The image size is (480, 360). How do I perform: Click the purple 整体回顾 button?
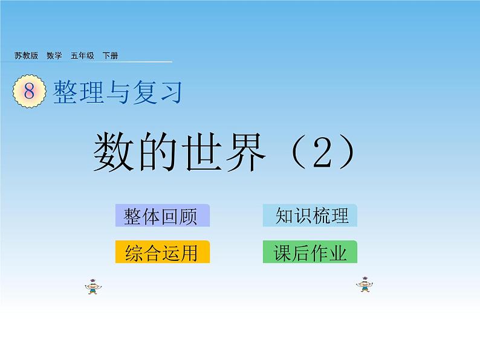pos(163,216)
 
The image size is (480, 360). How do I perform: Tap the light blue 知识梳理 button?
pos(310,215)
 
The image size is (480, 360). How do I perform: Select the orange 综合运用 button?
pos(163,252)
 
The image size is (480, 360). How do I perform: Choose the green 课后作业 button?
pos(310,252)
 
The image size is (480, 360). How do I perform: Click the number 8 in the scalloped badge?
pos(30,91)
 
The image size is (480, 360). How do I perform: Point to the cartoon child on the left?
pos(93,286)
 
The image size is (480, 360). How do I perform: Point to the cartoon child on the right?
pos(365,284)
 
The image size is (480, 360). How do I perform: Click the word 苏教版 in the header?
pos(26,56)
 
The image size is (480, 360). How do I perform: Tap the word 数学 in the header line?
pos(54,56)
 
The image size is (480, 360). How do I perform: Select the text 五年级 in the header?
pos(82,56)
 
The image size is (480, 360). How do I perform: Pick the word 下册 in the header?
pos(110,56)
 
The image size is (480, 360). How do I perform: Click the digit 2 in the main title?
pos(322,152)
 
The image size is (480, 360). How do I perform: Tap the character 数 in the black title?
pos(114,152)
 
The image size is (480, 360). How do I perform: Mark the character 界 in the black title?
pos(245,152)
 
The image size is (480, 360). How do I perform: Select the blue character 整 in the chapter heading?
pos(65,91)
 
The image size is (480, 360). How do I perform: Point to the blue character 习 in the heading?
pos(171,92)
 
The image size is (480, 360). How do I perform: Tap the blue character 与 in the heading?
pos(117,92)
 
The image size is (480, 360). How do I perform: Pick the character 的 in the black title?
pos(158,152)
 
